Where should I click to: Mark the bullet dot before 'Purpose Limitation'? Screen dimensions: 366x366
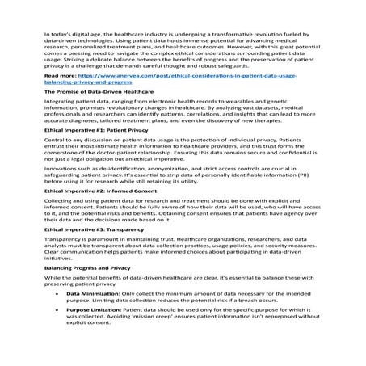coord(57,354)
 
